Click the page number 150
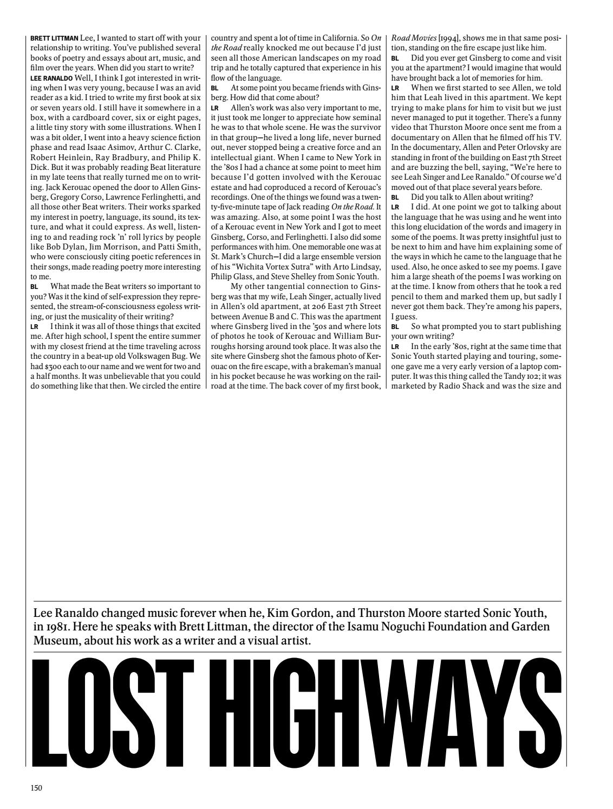[36, 787]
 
